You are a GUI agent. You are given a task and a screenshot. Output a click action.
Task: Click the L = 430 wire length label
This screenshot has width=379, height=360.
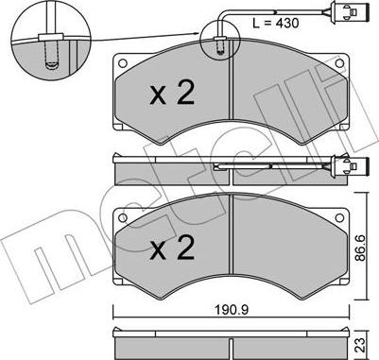(x=276, y=23)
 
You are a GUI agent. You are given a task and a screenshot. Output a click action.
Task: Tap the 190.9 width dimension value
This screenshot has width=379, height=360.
(x=232, y=310)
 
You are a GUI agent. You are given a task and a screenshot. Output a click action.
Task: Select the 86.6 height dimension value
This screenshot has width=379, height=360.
(x=361, y=248)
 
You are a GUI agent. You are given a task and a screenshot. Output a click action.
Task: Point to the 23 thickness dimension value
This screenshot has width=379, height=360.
(x=361, y=345)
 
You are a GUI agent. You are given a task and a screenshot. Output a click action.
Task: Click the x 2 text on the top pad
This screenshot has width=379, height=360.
(x=172, y=92)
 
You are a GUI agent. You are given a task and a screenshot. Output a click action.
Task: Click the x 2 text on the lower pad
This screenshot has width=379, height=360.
(x=172, y=248)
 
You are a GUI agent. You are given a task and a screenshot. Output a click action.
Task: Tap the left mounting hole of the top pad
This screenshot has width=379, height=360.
(x=123, y=63)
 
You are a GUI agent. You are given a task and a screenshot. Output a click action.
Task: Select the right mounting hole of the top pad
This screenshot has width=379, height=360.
(x=339, y=63)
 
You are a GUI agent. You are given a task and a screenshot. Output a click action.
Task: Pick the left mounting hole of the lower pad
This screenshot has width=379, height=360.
(x=123, y=217)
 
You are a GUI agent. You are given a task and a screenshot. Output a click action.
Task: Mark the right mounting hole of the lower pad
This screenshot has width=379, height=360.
(x=339, y=217)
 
